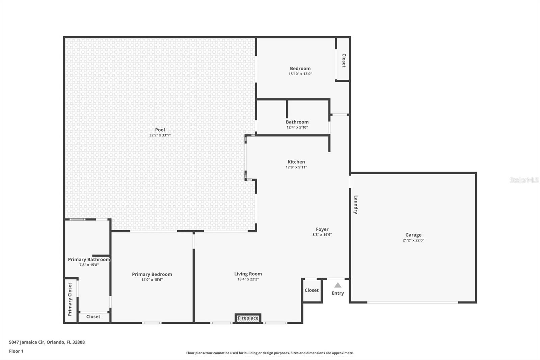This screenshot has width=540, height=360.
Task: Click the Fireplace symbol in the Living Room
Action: tap(248, 318)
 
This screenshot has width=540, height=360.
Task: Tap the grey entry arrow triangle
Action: tap(337, 285)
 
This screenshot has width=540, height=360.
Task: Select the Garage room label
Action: tap(413, 235)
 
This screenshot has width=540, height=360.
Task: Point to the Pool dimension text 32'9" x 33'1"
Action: tap(160, 135)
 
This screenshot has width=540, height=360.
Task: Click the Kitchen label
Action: tap(296, 162)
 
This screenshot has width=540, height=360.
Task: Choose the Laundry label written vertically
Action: tap(356, 205)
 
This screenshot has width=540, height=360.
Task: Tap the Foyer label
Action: tap(322, 229)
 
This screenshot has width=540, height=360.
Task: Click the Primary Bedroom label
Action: tap(152, 274)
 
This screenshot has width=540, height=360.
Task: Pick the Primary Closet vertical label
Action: tap(70, 299)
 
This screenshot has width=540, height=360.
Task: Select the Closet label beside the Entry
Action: tap(312, 290)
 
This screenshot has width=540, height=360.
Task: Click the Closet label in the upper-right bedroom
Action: tap(344, 60)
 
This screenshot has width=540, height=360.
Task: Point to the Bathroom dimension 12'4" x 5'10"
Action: tap(297, 127)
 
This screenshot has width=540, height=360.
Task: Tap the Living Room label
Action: tap(248, 274)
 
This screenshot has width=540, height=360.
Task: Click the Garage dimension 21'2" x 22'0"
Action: tap(413, 240)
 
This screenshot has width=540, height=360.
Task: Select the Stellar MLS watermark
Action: tap(524, 180)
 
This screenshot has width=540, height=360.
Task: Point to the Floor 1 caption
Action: tap(16, 351)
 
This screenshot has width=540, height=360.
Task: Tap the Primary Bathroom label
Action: tap(89, 259)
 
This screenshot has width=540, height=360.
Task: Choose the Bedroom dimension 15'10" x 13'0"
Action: tap(300, 74)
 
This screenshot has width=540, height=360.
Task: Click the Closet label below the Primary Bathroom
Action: tap(93, 316)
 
